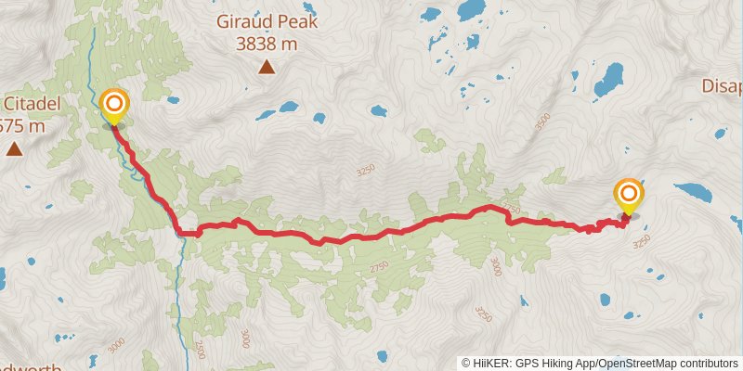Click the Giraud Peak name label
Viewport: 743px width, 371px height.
267,19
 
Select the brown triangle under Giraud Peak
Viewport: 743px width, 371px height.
267,66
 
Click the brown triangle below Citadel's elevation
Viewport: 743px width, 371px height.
14,148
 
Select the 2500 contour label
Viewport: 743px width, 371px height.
199,349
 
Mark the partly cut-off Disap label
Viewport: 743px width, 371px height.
722,87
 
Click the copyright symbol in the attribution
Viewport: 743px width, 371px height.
466,363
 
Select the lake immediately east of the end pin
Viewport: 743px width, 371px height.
694,192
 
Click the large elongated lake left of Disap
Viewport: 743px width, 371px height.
609,79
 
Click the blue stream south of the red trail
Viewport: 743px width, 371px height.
178,278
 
